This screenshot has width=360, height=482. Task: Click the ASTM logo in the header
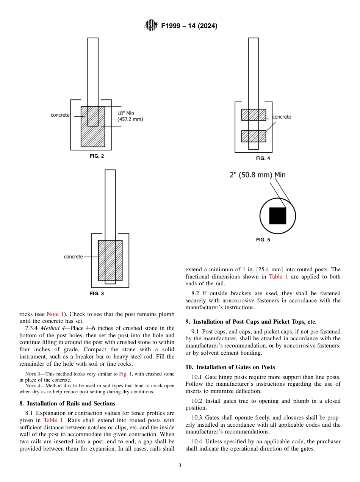point(151,26)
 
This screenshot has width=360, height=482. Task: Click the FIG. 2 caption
point(97,156)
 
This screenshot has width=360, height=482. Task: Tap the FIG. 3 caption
point(97,293)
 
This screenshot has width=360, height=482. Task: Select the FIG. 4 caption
point(263,158)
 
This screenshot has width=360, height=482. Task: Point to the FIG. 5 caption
point(263,240)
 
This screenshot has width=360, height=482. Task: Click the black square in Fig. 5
point(277,216)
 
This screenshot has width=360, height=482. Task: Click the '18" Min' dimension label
point(126,113)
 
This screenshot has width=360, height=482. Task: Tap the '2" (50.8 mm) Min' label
point(258,175)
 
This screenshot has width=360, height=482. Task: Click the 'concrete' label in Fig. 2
point(60,115)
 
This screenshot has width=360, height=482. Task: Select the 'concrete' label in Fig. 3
point(73,257)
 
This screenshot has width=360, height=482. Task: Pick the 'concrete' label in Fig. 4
point(282,117)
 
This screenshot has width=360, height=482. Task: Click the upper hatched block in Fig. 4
point(254,115)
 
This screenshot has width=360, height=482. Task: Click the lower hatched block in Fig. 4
point(254,136)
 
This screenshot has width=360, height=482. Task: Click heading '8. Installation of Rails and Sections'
point(67,404)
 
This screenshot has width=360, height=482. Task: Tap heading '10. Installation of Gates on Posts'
point(230,367)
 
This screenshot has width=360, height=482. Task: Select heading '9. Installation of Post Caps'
point(251,322)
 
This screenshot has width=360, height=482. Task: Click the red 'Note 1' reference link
point(55,314)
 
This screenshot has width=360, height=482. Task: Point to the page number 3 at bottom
point(180,466)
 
